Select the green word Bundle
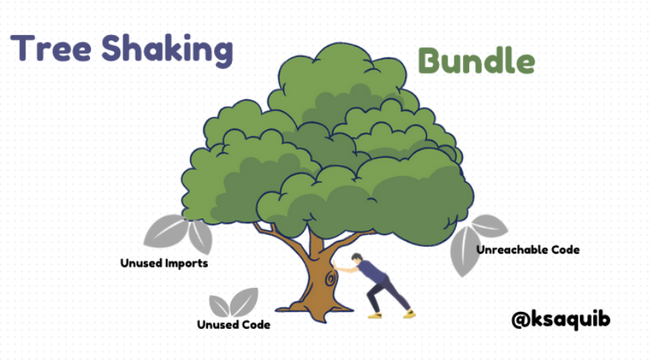click(476, 61)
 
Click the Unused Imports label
click(164, 263)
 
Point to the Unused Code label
click(233, 324)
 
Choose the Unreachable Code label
click(527, 250)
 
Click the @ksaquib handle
click(561, 318)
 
